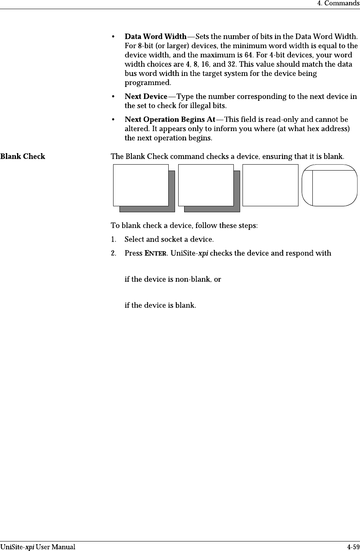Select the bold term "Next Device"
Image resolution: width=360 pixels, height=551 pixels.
146,97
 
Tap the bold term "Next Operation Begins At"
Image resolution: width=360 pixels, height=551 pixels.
170,120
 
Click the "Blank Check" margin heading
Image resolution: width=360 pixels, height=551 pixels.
23,156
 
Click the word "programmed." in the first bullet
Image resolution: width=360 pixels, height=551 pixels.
148,83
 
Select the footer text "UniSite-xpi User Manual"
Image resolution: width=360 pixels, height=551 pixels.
38,547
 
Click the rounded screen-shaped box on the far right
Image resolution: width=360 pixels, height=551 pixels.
330,185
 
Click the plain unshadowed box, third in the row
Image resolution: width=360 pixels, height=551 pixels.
270,185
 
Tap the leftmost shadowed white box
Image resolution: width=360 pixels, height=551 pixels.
141,185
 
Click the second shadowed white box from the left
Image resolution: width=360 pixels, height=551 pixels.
206,185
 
